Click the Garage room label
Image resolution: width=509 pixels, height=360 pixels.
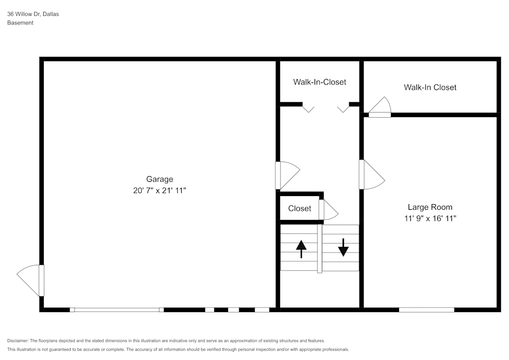159,179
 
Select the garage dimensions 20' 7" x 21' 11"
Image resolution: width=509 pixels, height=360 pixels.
159,190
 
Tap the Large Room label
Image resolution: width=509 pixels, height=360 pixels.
430,207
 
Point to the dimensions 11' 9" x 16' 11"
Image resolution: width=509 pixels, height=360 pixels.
430,218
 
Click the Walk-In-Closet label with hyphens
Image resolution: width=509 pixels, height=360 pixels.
320,82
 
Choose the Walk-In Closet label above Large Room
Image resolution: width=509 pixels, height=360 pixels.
430,87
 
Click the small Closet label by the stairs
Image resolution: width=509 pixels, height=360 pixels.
300,208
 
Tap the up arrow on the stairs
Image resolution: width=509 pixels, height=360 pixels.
301,249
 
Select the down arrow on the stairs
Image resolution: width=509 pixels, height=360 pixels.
343,247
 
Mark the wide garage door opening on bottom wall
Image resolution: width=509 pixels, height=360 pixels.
117,310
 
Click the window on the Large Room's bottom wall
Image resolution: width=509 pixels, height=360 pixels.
427,310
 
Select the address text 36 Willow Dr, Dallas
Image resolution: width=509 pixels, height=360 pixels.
33,14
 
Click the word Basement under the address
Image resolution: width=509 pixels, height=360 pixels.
20,23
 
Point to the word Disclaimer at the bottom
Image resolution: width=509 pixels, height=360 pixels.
17,341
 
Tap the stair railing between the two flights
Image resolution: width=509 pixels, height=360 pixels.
320,248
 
